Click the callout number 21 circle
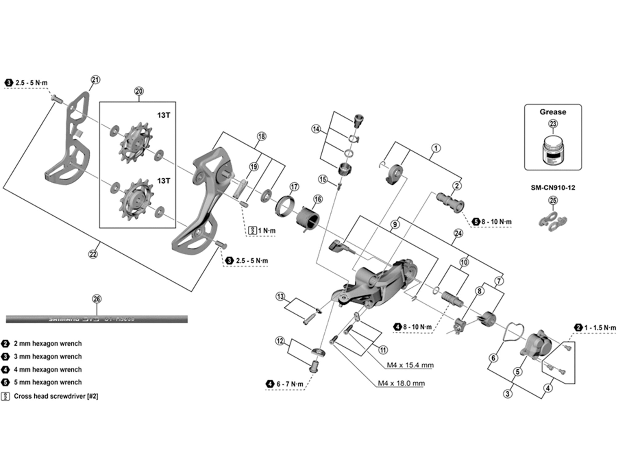coord(95,80)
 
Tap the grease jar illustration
coord(553,150)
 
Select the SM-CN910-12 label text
coord(553,188)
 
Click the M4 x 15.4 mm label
coord(410,365)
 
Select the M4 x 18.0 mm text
coord(401,383)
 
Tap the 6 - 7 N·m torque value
coord(290,384)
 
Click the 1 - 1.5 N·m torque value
coord(600,328)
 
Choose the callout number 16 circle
coord(318,199)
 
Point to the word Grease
coord(553,112)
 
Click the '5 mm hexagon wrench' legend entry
coord(48,382)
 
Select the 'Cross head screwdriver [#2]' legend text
coord(56,396)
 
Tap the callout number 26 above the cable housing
coord(97,299)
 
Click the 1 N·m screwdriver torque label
coord(267,231)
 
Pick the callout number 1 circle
coord(436,148)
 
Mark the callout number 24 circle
coord(458,233)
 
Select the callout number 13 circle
coord(281,296)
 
